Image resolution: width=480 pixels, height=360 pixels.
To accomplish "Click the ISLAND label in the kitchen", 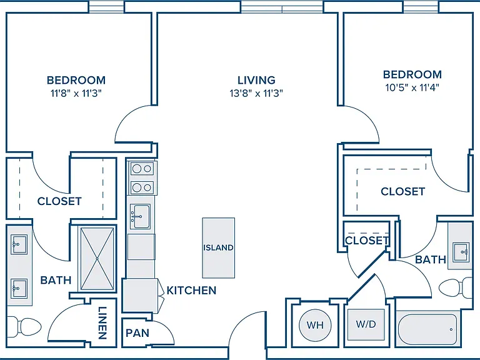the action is tap(218, 247).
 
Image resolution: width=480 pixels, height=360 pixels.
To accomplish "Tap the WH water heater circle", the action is tap(315, 325).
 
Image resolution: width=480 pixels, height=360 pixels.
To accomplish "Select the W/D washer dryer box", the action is tap(366, 324).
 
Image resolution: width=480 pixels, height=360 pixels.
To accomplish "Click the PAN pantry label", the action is tap(137, 332).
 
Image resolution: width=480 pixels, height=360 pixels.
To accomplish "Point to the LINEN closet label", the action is tap(102, 322).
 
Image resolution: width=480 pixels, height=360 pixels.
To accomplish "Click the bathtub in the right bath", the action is tap(427, 329).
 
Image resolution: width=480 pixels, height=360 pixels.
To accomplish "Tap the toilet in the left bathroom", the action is tap(24, 327).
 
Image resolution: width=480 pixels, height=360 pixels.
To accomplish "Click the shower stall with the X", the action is tap(97, 259).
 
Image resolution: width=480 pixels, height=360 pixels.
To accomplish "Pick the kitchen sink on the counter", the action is tap(141, 216).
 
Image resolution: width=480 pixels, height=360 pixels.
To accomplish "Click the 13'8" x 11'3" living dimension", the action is tap(256, 92).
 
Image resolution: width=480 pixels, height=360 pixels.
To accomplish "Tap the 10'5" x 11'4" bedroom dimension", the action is tap(412, 88).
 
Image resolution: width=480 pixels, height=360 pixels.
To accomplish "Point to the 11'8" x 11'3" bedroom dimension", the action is tap(76, 93).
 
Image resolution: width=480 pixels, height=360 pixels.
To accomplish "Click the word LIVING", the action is tap(256, 80).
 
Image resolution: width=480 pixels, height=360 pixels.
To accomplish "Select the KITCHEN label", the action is tap(191, 291).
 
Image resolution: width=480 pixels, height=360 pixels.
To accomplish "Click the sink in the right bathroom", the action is tap(461, 252).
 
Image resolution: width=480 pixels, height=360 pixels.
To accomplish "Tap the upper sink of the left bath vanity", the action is tap(19, 244).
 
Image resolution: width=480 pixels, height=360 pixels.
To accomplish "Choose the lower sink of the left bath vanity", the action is tap(19, 288).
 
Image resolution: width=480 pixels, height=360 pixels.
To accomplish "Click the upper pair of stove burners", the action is tap(142, 169).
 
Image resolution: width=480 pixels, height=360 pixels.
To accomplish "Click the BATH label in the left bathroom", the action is tap(56, 280).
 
